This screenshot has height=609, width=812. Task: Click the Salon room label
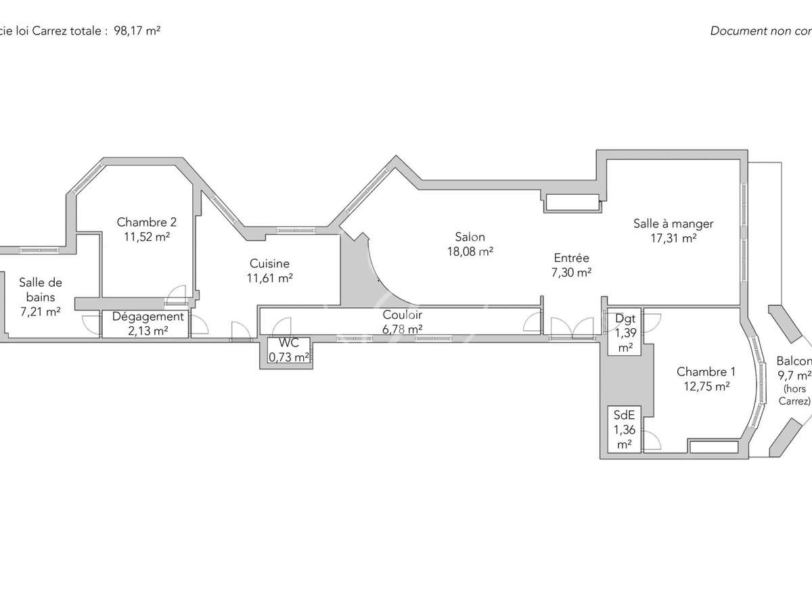coord(470,237)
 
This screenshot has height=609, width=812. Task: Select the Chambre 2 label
coord(147,222)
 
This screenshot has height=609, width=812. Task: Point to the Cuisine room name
coord(269,263)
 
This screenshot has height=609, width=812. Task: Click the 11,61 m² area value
coord(269,277)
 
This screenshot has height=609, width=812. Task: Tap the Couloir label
coord(402,315)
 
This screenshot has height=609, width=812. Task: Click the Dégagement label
coord(148,316)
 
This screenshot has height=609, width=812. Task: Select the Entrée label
coord(571,258)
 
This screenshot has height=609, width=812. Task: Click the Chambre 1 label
coord(706,371)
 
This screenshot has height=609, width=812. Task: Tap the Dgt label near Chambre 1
coord(625,318)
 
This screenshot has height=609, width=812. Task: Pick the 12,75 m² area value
coord(706,386)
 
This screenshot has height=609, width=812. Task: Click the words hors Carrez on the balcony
coord(796,394)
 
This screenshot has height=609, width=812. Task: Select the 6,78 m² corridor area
coord(402,329)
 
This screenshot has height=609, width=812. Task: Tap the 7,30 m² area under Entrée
coord(571,272)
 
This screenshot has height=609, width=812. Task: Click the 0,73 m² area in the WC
coord(289,357)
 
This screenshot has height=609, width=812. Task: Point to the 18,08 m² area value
coord(470,252)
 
